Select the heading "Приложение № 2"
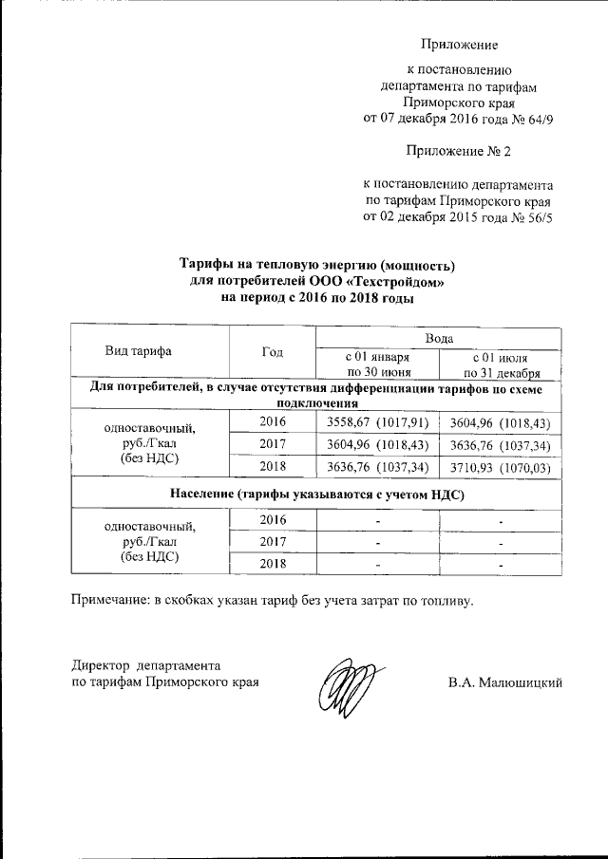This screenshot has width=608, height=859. [x=459, y=151]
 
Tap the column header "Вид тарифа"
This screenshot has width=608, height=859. [x=138, y=350]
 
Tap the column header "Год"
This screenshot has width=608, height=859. [x=272, y=350]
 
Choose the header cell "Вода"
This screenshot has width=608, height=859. [x=439, y=337]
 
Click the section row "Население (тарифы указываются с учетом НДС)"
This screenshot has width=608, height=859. [x=317, y=494]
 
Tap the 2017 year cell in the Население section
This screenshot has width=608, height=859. [x=272, y=541]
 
